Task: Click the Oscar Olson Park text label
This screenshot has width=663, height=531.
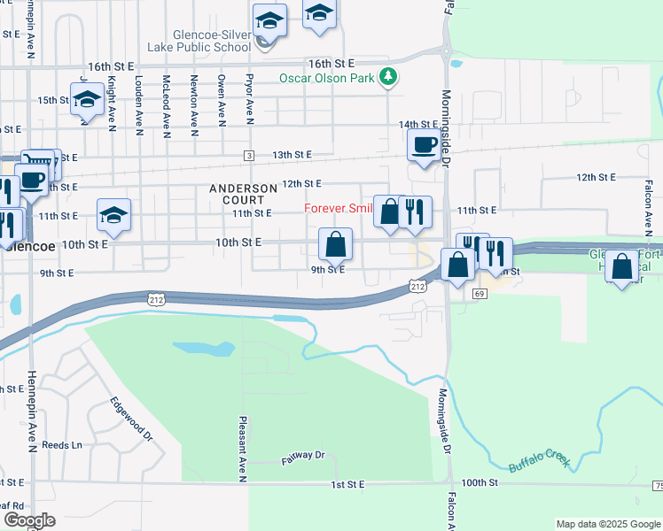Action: (327, 78)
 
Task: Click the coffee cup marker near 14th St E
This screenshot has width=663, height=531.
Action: (423, 146)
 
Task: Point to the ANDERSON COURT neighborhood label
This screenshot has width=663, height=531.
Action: (243, 194)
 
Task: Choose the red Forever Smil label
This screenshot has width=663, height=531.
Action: (338, 209)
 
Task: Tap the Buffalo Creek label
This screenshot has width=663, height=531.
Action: (539, 460)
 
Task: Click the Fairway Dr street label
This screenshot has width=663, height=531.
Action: (304, 456)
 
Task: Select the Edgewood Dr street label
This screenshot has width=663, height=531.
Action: (132, 418)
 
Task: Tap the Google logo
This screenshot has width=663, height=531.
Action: (29, 520)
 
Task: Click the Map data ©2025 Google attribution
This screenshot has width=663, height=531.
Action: (607, 524)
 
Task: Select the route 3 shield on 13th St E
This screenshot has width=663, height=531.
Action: (250, 156)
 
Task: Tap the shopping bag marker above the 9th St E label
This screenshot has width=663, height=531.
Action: (335, 244)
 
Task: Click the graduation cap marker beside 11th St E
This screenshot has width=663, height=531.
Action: (113, 215)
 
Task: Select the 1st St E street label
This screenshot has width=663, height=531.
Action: (348, 485)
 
